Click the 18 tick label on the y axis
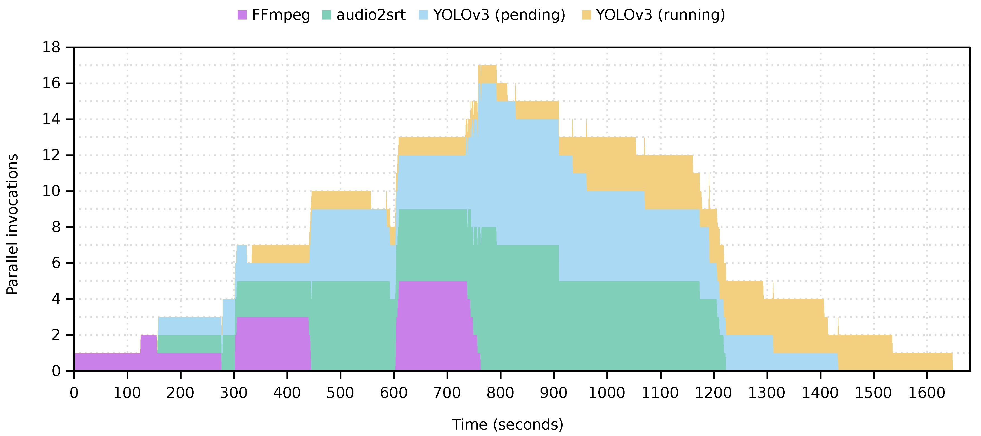51,48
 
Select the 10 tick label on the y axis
51,191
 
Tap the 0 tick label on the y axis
56,371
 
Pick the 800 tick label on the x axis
500,393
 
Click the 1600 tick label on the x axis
927,393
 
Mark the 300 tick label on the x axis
233,393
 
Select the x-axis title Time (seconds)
507,424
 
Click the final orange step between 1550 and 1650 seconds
922,362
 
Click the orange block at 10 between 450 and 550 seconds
341,200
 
